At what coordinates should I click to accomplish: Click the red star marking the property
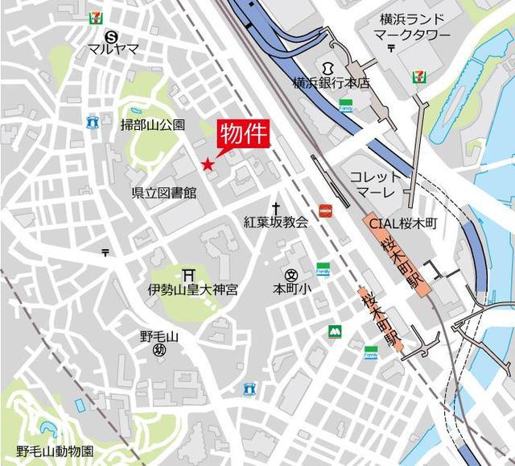click(208, 164)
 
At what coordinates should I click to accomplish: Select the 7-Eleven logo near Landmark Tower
click(418, 77)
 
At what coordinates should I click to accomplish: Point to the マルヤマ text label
click(113, 48)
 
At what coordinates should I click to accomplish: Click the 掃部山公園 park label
click(152, 124)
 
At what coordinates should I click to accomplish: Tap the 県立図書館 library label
click(164, 193)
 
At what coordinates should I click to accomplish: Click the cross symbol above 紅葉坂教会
click(275, 207)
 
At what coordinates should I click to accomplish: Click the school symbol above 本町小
click(290, 274)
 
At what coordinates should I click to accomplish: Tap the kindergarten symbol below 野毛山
click(159, 350)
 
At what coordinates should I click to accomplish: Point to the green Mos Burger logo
click(334, 331)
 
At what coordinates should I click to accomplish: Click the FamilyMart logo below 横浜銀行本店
click(346, 105)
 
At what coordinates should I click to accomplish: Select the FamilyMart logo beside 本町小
click(323, 268)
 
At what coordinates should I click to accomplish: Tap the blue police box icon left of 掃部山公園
click(93, 123)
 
